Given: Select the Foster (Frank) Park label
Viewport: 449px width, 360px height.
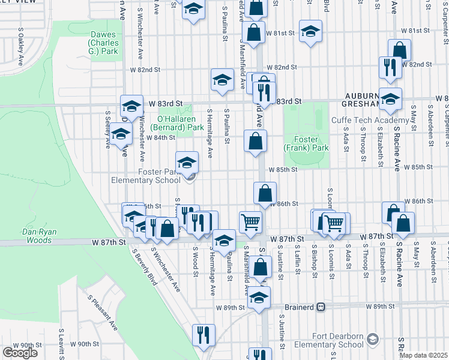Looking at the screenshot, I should [x=306, y=143].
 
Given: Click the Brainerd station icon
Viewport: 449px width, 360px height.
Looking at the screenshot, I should [x=322, y=307].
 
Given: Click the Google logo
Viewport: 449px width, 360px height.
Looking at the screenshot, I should [x=20, y=352].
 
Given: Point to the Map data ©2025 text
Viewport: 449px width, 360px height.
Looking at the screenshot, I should [x=424, y=355].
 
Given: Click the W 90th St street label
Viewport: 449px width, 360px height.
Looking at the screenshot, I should [x=84, y=344].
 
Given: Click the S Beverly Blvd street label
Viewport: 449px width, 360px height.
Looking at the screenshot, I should [x=142, y=263].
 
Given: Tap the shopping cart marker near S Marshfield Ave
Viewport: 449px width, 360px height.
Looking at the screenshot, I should [x=250, y=221].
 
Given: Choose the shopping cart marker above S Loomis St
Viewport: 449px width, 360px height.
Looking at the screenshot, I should [x=334, y=223].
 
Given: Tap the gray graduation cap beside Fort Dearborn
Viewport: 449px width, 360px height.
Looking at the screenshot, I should [x=372, y=340].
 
